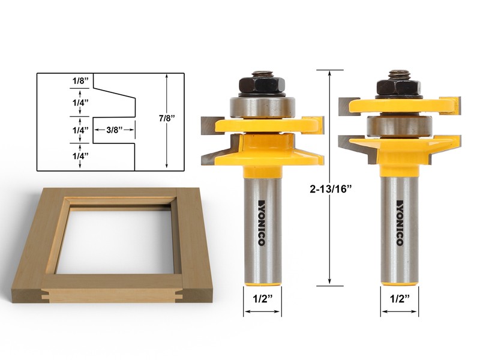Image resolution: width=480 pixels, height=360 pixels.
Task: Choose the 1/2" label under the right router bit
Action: pyautogui.click(x=399, y=296)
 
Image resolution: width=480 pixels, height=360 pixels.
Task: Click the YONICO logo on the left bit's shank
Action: pyautogui.click(x=262, y=221)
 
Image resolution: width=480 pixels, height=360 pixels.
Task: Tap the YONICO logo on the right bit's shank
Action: pyautogui.click(x=400, y=221)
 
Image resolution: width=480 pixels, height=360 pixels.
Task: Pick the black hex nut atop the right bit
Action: pyautogui.click(x=399, y=88)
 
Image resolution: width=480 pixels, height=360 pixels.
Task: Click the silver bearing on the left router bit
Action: pyautogui.click(x=262, y=107)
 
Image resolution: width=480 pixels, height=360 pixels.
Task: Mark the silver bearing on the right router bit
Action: pyautogui.click(x=399, y=127)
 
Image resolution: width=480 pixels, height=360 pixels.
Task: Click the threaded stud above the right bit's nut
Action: pyautogui.click(x=398, y=75)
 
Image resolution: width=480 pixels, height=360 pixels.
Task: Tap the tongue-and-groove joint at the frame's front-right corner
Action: pyautogui.click(x=179, y=294)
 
